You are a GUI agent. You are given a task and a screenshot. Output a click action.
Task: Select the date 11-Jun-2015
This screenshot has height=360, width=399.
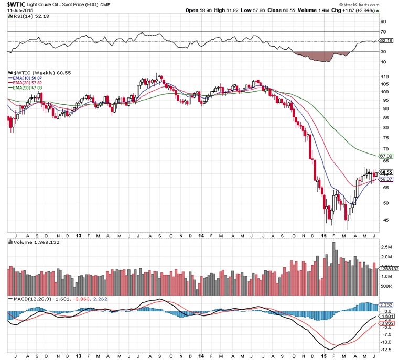(x=17, y=10)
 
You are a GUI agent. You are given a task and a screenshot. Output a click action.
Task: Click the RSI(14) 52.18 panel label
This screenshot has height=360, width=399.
(x=28, y=17)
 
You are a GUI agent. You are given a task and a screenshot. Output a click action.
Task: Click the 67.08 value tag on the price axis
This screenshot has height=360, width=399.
(x=386, y=156)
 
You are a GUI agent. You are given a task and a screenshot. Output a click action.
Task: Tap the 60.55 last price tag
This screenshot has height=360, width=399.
(x=386, y=172)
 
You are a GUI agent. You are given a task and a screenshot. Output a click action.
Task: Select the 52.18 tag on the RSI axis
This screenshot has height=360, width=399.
(x=386, y=40)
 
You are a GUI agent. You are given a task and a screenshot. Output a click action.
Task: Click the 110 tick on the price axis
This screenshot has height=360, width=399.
(x=384, y=77)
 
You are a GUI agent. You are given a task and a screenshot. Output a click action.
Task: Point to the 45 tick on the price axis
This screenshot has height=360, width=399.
(x=383, y=220)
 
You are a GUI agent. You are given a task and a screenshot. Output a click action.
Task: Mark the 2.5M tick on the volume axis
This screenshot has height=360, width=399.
(x=385, y=246)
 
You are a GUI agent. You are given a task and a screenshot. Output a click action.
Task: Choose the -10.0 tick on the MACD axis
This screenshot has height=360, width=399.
(x=385, y=342)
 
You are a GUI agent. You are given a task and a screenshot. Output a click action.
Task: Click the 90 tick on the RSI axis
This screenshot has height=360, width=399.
(x=383, y=22)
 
